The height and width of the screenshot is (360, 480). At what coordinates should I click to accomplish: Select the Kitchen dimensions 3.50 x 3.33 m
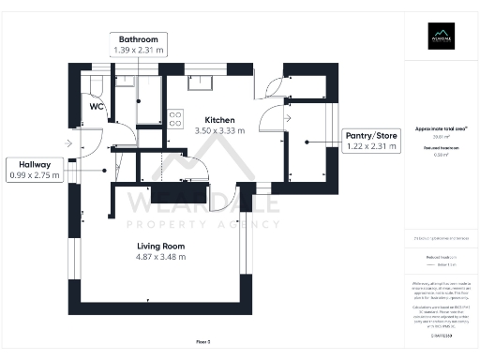tap(219, 131)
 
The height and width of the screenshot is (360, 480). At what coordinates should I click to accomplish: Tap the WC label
tap(96, 107)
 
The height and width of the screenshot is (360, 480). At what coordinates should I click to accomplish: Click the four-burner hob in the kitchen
tap(174, 118)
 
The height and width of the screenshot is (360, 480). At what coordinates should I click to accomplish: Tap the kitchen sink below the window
tap(200, 83)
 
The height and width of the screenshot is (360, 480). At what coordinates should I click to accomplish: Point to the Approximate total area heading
tap(442, 128)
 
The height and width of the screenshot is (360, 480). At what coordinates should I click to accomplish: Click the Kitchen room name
tap(219, 120)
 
